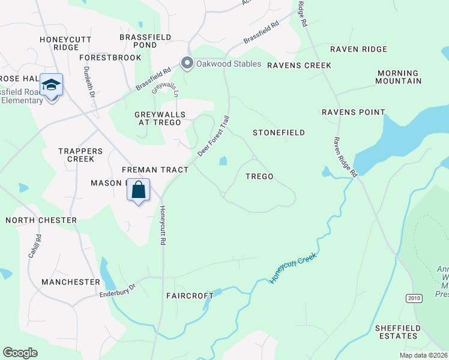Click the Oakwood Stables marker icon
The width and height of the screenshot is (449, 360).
187,64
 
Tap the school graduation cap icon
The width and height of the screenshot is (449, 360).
52,84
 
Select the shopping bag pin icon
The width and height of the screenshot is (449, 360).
139,190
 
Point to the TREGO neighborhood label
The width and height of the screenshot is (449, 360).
259,176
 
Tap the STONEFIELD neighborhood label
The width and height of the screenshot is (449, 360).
279,132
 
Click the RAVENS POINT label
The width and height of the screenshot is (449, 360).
353,112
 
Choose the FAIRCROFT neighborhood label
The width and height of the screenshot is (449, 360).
189,296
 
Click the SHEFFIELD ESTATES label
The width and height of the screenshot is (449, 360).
396,332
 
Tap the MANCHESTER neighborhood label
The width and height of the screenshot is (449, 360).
71,281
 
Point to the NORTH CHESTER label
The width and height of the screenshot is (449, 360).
41,220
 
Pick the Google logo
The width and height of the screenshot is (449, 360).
20,353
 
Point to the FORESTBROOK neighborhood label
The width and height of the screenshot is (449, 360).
110,58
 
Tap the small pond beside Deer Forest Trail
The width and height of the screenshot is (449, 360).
223,161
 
